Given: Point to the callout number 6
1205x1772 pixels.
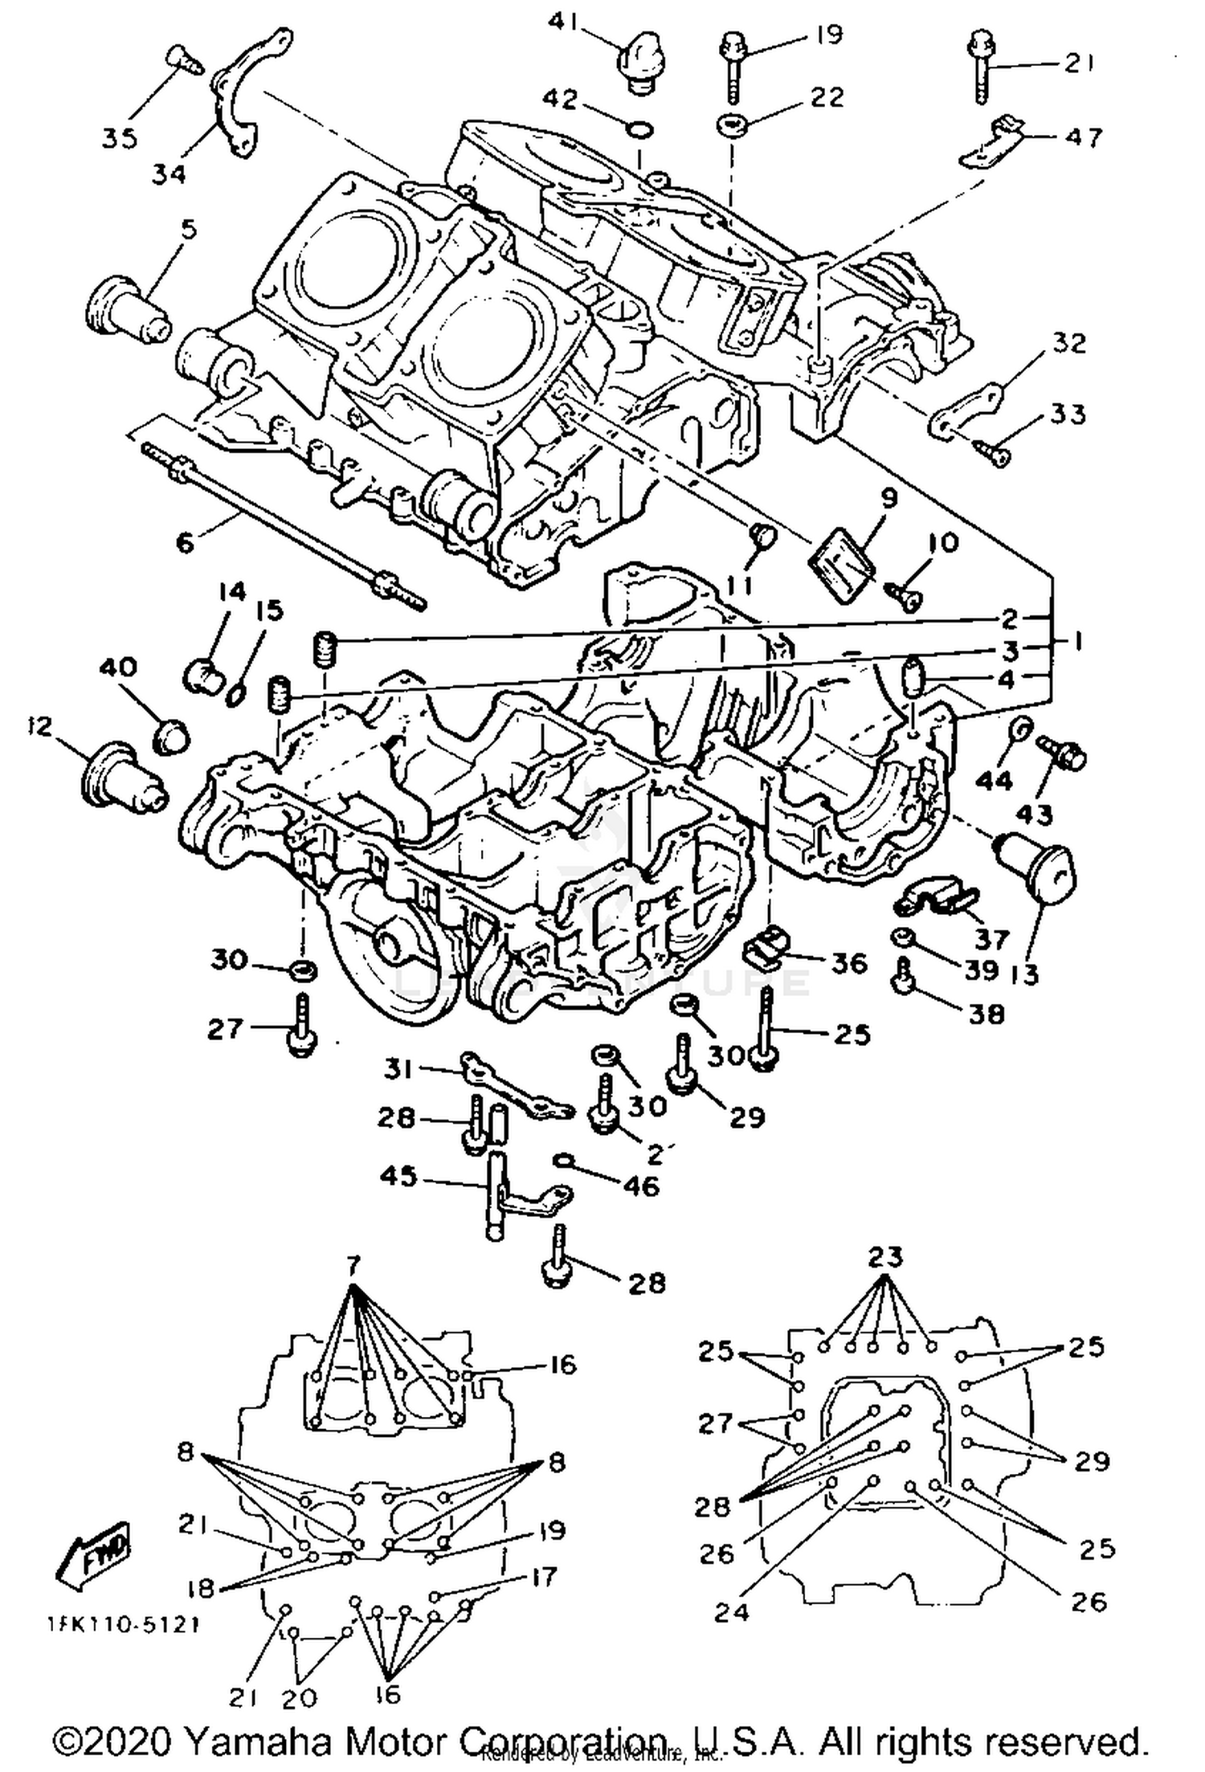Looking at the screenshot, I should (185, 543).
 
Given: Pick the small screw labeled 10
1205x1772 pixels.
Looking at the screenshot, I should (905, 596).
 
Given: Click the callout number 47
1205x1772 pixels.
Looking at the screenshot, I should (1084, 137).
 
